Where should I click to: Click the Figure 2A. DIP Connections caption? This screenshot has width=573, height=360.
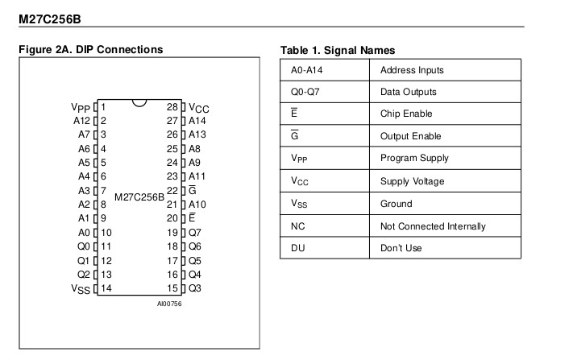[90, 50]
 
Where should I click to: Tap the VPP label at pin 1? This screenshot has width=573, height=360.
[81, 107]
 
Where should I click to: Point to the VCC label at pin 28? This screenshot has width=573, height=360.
[199, 107]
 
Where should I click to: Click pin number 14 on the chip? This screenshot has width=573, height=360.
[106, 288]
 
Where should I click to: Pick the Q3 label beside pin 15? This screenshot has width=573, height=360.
[195, 288]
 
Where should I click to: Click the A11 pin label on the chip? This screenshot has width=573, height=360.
[197, 176]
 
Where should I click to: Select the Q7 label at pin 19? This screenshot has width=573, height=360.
[195, 232]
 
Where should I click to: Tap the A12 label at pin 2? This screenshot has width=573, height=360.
[82, 121]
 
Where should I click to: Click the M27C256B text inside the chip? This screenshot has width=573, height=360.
[139, 196]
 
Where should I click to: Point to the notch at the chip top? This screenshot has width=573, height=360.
[139, 103]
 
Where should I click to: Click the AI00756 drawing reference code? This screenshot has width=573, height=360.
[171, 304]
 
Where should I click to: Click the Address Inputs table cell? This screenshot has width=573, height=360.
[411, 70]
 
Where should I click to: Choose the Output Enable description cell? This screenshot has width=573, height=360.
[413, 136]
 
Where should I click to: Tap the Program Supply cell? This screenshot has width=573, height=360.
[414, 159]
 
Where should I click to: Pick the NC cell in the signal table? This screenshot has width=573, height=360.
[297, 226]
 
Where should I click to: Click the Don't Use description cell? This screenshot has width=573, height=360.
[401, 248]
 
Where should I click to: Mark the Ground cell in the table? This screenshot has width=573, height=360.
[396, 204]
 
